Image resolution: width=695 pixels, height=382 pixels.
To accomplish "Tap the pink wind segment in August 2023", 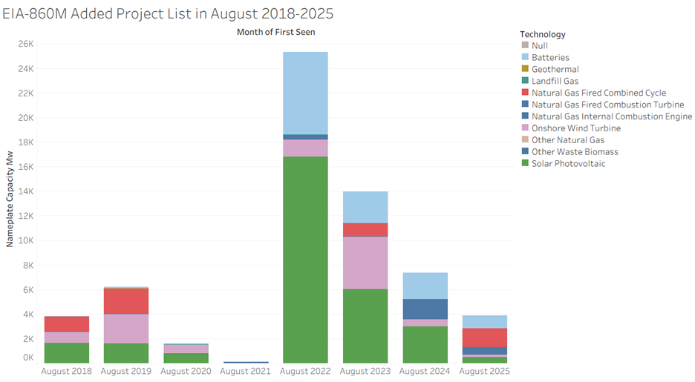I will pos(364,263).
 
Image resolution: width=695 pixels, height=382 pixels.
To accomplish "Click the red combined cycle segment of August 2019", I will pos(125,301).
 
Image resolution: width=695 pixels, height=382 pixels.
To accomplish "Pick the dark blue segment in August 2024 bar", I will pos(425,309).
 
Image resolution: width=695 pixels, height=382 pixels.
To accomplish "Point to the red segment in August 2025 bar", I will pos(484,337).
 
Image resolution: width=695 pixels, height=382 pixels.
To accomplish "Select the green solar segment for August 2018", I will pos(67,352).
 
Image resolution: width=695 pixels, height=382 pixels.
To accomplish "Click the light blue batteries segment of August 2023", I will pos(364,207).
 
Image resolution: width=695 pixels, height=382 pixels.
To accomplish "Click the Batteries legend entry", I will pos(550,57).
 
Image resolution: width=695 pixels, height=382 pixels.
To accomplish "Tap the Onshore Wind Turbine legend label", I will pos(566,128).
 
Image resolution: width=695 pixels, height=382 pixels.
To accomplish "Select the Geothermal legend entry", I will pos(555,69).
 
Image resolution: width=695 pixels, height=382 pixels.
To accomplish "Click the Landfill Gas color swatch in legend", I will pos(525,81).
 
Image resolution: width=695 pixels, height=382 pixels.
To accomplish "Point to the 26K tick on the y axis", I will pos(25,44).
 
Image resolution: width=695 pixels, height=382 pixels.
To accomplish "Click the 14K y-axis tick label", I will pos(25,191).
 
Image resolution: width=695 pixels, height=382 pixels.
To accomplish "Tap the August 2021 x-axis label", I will pos(245,371).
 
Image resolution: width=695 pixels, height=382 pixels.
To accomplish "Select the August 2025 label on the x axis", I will pos(484,371).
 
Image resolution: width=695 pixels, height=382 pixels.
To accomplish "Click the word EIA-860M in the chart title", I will pos(33,13).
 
